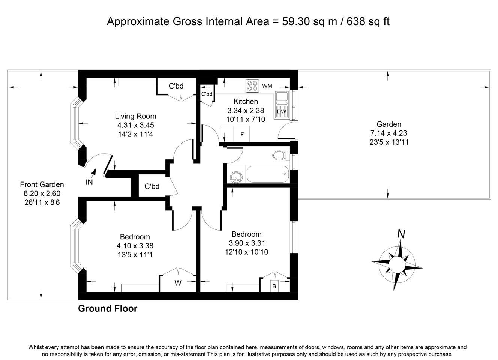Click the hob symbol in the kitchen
tap(252, 85)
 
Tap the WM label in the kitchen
tap(267, 86)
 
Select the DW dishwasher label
tap(282, 111)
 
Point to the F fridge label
tap(242, 134)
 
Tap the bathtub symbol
tap(268, 174)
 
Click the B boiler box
tap(274, 286)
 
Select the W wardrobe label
tap(178, 283)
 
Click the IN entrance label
tap(89, 182)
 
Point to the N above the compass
tap(401, 234)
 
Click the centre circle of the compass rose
tap(397, 264)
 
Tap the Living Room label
tap(135, 116)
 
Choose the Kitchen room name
tap(246, 101)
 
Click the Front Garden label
tap(42, 184)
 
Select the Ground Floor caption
tap(108, 308)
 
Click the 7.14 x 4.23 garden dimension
tap(388, 133)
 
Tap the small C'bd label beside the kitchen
tap(207, 94)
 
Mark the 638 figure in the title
tap(356, 21)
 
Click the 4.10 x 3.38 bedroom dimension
tap(135, 246)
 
